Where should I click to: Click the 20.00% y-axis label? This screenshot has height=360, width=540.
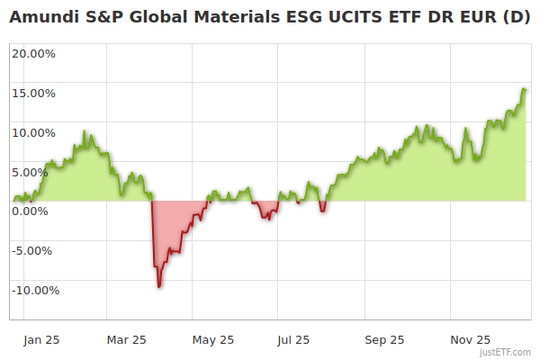33,53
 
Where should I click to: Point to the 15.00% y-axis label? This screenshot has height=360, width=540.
33,93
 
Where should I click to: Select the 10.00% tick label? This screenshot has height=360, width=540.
33,132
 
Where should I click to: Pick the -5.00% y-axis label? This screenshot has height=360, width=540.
34,250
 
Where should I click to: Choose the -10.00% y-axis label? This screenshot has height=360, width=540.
34,290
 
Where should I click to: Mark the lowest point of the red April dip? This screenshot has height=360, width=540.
159,286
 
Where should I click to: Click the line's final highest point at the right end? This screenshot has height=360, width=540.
524,89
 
